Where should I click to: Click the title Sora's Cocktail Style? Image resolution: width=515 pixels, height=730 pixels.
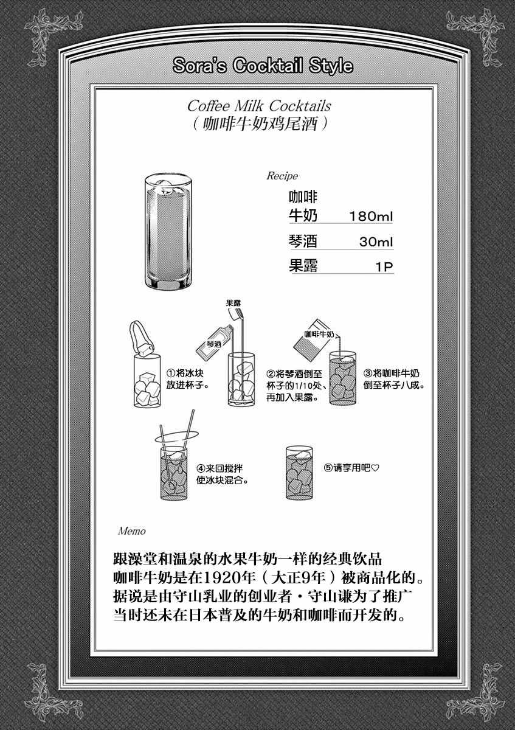click(x=263, y=66)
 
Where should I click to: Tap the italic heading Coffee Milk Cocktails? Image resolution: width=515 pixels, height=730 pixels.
click(x=259, y=106)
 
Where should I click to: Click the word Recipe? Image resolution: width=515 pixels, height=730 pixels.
click(x=282, y=176)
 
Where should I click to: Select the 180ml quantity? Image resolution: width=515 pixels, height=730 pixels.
click(x=371, y=217)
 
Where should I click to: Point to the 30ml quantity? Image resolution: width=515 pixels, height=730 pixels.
click(x=376, y=242)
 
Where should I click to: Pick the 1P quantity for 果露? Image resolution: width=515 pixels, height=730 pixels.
click(x=384, y=267)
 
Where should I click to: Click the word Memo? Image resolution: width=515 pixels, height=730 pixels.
click(x=131, y=531)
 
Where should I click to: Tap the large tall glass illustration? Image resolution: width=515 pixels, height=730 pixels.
click(x=168, y=231)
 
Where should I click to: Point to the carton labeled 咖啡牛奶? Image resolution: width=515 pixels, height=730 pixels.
click(x=313, y=339)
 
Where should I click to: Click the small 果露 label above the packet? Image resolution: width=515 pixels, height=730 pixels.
click(x=233, y=303)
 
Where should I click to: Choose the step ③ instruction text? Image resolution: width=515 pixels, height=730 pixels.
click(x=394, y=378)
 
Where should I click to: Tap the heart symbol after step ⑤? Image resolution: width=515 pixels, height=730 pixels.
click(x=375, y=468)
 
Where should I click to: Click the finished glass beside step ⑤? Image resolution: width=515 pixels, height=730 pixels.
click(x=299, y=473)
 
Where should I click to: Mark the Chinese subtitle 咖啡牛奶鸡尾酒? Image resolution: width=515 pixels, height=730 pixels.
click(x=260, y=124)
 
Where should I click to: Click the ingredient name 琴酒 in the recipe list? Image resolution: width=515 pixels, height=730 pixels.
click(x=303, y=241)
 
